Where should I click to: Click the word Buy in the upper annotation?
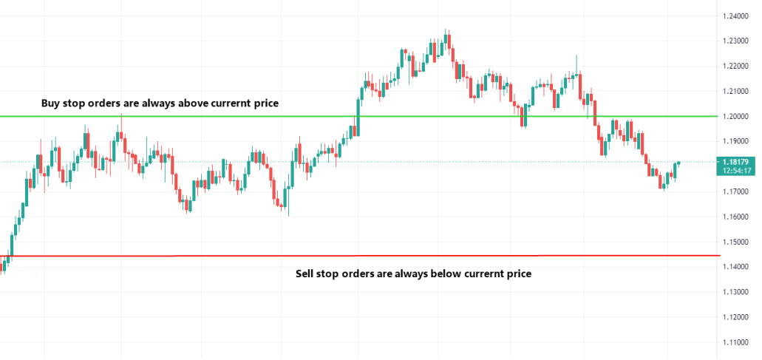[x=51, y=103]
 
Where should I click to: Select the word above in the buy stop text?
[x=191, y=103]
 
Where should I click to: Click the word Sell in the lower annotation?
[x=305, y=274]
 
